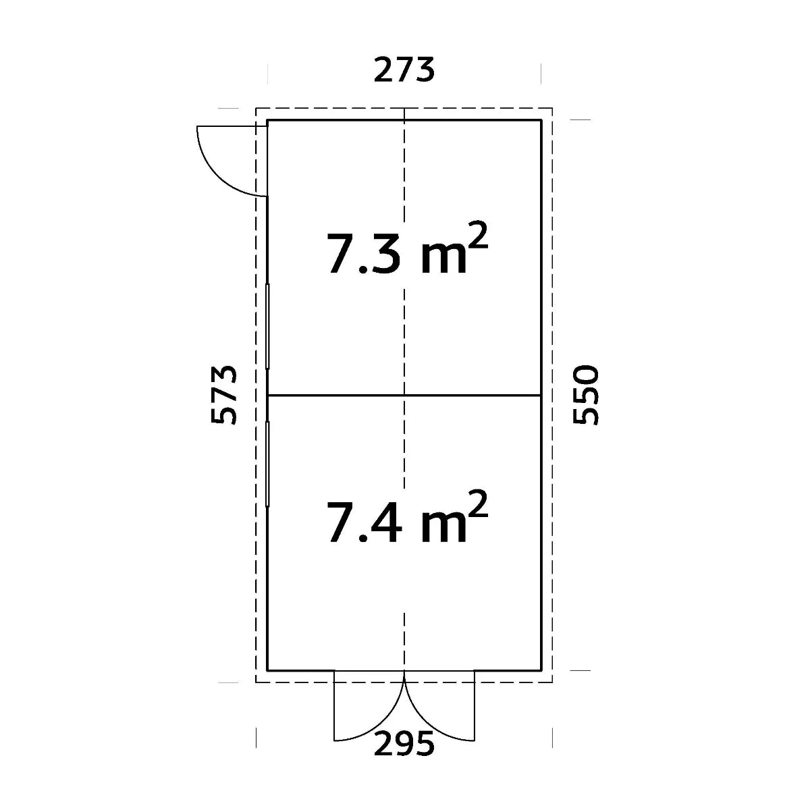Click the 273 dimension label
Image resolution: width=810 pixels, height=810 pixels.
(x=404, y=70)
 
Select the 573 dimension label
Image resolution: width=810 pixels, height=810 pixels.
(x=223, y=396)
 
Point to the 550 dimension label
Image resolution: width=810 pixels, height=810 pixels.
(x=585, y=396)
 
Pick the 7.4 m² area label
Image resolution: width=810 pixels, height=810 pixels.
(x=407, y=518)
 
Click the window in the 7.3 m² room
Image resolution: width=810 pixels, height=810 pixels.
(x=267, y=326)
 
